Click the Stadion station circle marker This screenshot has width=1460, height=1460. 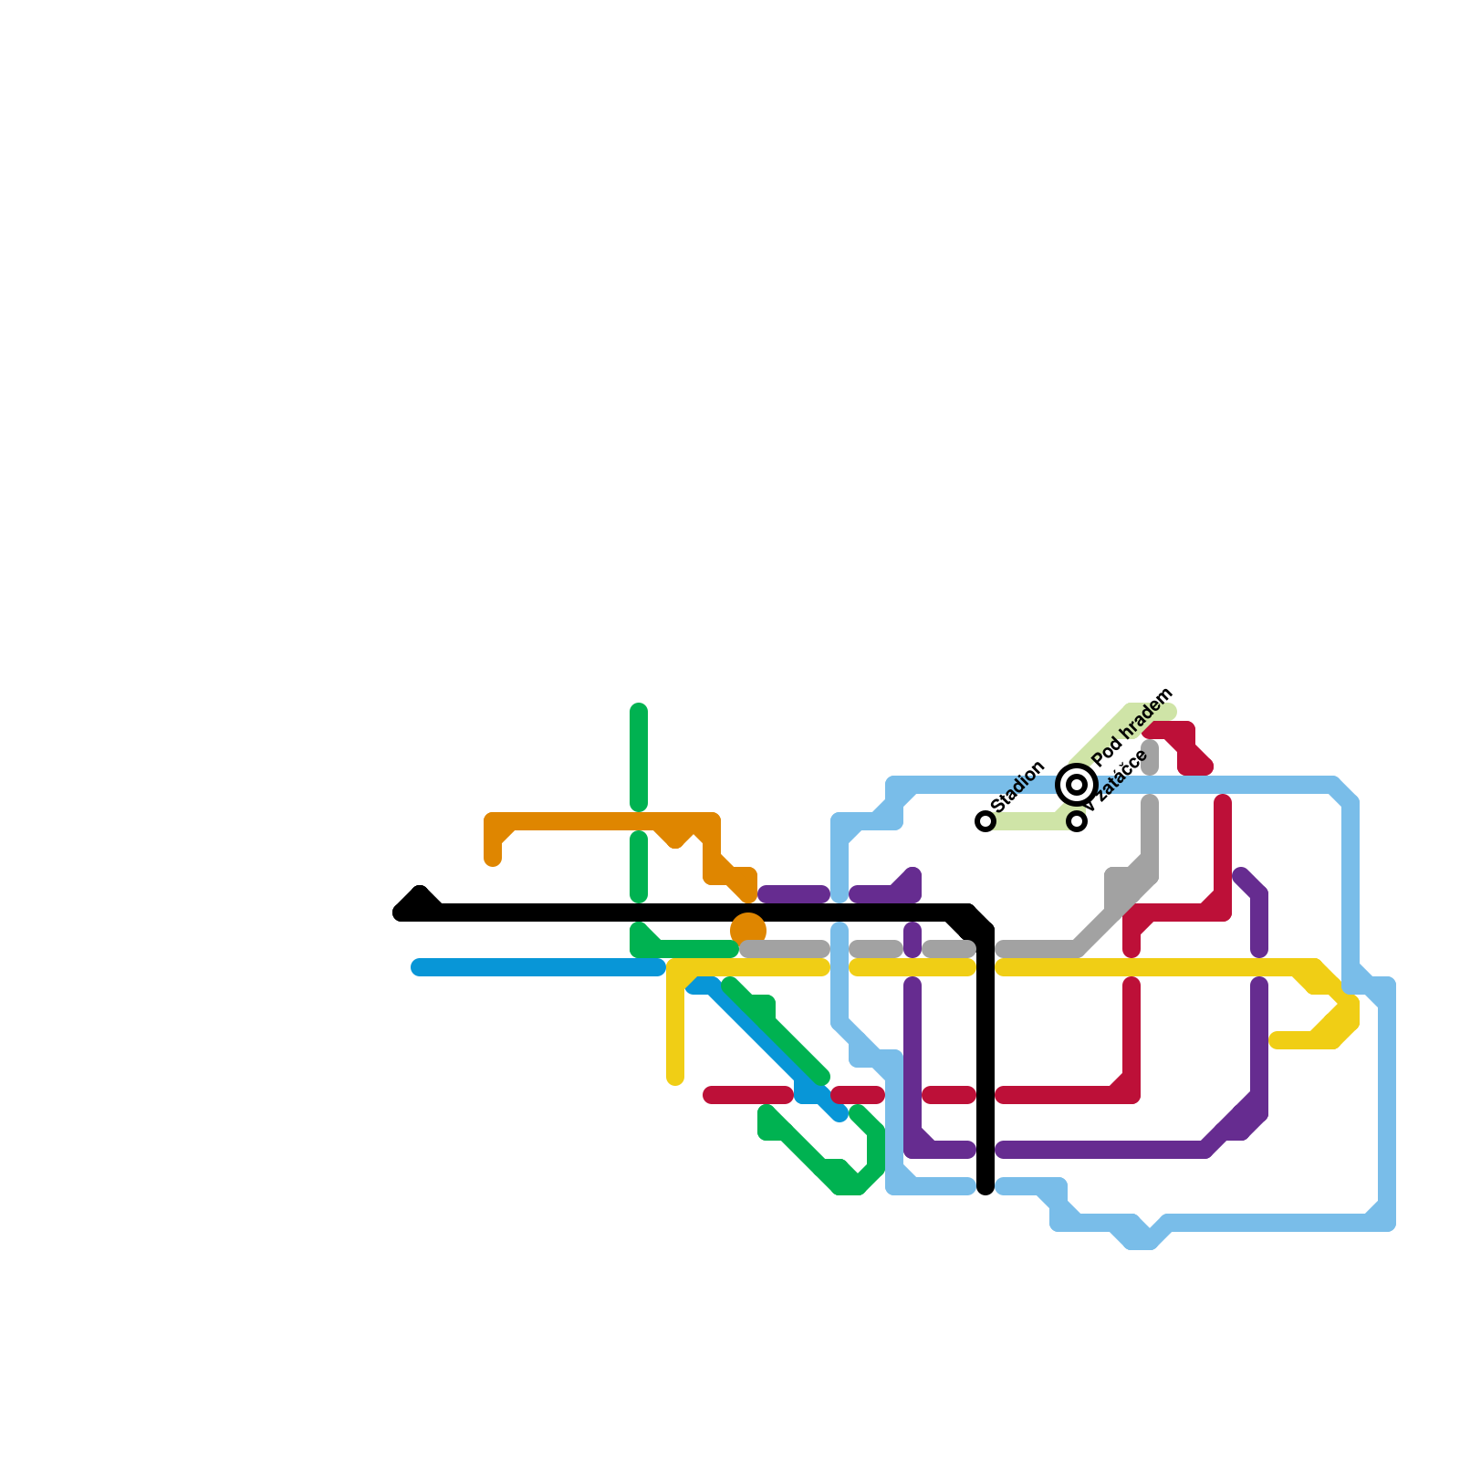click(x=985, y=821)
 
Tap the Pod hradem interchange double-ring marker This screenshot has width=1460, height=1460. click(x=1077, y=784)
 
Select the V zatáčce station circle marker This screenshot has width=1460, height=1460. click(x=1078, y=821)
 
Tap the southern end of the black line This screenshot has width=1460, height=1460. click(x=985, y=1186)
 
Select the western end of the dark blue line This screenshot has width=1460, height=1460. click(x=418, y=967)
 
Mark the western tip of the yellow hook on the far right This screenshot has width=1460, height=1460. click(x=1277, y=1040)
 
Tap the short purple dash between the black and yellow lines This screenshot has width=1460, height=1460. click(x=912, y=940)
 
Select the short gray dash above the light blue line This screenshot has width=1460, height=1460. click(x=1150, y=757)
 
